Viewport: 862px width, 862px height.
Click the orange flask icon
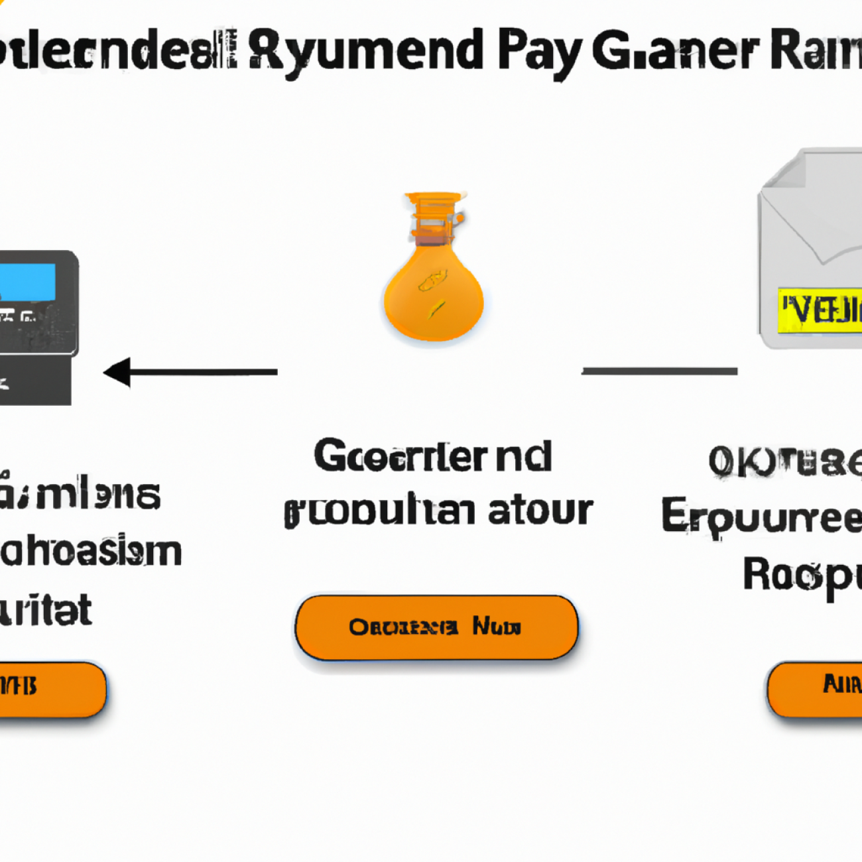(434, 292)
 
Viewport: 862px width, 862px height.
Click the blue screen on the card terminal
(28, 282)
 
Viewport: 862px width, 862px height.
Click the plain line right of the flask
(659, 371)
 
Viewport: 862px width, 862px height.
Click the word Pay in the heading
(539, 53)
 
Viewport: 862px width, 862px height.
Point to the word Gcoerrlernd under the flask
(432, 457)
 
